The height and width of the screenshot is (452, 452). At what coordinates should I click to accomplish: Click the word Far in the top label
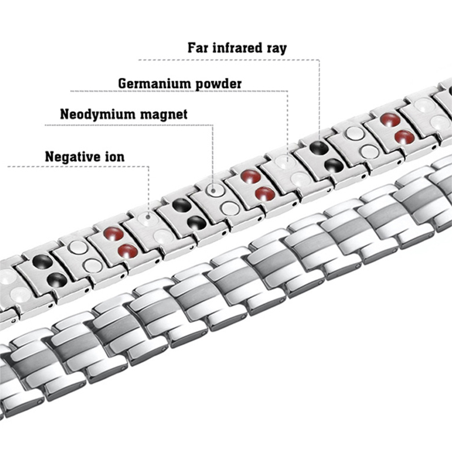click(x=198, y=47)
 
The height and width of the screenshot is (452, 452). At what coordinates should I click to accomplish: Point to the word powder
click(x=218, y=85)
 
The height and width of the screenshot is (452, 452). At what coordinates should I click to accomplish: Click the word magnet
click(x=164, y=115)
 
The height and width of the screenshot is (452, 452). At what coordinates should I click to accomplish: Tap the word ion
click(x=114, y=155)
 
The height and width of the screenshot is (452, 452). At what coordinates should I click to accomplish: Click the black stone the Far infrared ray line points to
click(x=319, y=148)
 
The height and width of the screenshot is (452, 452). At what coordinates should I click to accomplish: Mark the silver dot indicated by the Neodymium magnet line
click(x=213, y=190)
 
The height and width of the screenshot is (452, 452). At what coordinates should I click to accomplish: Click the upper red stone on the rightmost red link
click(x=390, y=119)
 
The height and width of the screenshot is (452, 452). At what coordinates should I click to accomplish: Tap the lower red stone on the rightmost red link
click(x=405, y=136)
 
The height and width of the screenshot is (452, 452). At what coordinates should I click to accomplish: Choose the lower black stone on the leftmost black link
click(x=57, y=279)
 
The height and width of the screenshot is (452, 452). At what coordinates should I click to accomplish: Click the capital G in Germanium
click(x=123, y=84)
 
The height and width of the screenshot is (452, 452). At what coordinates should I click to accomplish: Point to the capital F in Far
click(x=191, y=47)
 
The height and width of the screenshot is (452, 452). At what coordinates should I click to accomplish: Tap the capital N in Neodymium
click(x=64, y=115)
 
